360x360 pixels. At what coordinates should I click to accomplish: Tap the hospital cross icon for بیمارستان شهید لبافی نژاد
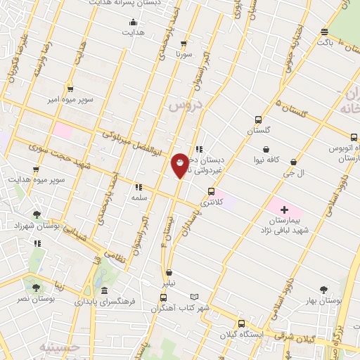coord(284,210)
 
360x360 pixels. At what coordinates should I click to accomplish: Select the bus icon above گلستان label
coord(258,120)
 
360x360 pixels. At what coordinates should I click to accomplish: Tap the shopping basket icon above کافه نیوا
coord(266,149)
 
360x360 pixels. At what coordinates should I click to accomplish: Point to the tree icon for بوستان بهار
coord(323,289)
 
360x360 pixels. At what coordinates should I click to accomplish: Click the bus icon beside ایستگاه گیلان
coord(241,324)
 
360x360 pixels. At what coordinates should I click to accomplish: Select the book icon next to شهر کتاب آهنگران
coord(195,297)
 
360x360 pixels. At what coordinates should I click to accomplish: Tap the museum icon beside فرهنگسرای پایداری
coord(104,290)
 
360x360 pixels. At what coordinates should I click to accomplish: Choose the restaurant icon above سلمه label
coord(138,187)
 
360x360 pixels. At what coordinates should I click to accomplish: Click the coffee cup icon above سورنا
coord(184,42)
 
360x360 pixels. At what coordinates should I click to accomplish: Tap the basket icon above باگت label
coord(324,32)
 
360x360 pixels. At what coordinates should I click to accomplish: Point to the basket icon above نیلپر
coord(168,273)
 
